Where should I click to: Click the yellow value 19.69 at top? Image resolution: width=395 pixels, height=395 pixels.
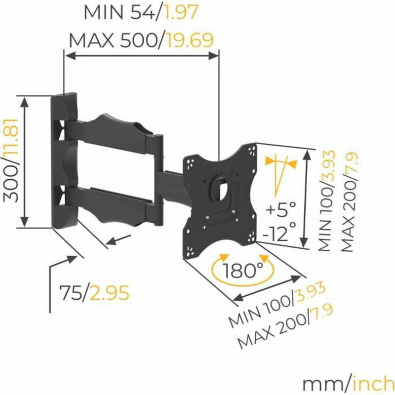pyautogui.click(x=190, y=39)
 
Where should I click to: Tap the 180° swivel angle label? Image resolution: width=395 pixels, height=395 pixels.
pyautogui.click(x=242, y=270)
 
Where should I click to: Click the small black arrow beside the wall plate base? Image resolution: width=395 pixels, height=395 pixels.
pyautogui.click(x=118, y=240)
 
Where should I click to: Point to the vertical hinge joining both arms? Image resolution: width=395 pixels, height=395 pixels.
pyautogui.click(x=158, y=178)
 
